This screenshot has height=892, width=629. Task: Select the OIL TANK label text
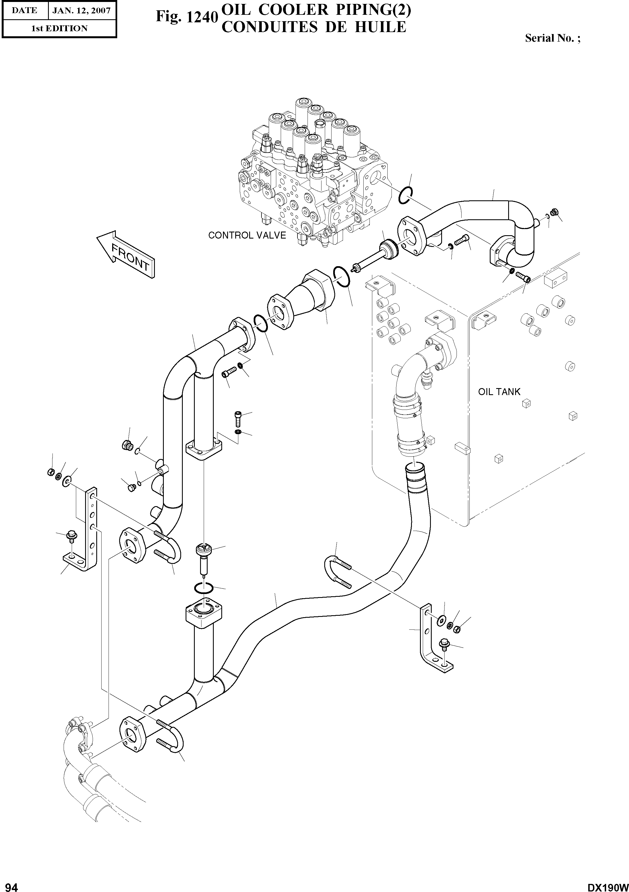499,392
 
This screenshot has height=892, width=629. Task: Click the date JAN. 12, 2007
81,11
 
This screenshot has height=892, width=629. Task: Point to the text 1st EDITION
59,28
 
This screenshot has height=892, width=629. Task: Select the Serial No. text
552,38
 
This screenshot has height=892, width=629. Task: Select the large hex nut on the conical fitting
319,290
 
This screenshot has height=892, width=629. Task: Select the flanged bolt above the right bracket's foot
444,644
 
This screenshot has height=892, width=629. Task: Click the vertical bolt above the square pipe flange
238,419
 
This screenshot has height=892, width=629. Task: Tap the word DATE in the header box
24,11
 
